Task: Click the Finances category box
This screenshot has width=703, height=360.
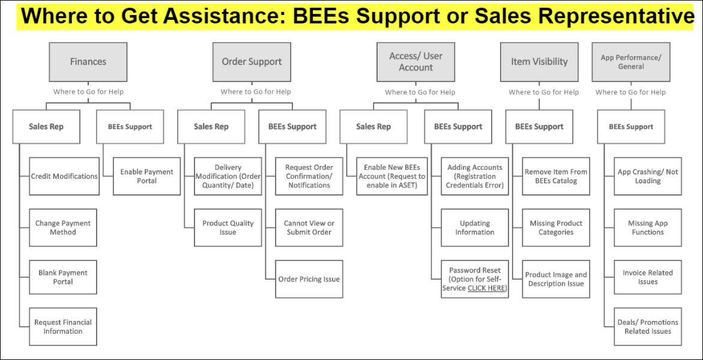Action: tap(88, 62)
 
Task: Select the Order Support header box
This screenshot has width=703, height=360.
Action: tap(252, 62)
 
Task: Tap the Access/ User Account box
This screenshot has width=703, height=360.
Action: tap(415, 62)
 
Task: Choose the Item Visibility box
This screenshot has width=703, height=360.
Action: tap(539, 62)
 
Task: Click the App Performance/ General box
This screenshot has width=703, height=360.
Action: tap(631, 62)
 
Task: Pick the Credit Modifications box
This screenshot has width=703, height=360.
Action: tap(64, 176)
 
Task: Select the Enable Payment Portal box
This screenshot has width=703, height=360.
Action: tap(146, 176)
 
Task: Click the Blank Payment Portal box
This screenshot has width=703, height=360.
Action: tap(63, 277)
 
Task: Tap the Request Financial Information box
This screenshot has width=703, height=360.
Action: tap(63, 326)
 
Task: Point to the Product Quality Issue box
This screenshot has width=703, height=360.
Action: tap(228, 227)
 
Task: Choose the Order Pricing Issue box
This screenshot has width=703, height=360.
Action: tap(309, 279)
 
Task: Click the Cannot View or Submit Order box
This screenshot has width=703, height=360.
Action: tap(309, 227)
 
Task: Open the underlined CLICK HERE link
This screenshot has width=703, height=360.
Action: tap(486, 288)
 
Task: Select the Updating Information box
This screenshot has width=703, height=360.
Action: tap(475, 227)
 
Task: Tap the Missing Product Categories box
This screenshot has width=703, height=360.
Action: tap(556, 227)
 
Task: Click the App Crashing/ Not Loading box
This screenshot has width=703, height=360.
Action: tap(648, 176)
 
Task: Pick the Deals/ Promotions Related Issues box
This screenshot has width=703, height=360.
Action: tap(648, 326)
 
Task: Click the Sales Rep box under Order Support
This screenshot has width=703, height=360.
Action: tap(211, 127)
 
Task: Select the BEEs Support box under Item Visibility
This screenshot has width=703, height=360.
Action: tap(539, 127)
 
